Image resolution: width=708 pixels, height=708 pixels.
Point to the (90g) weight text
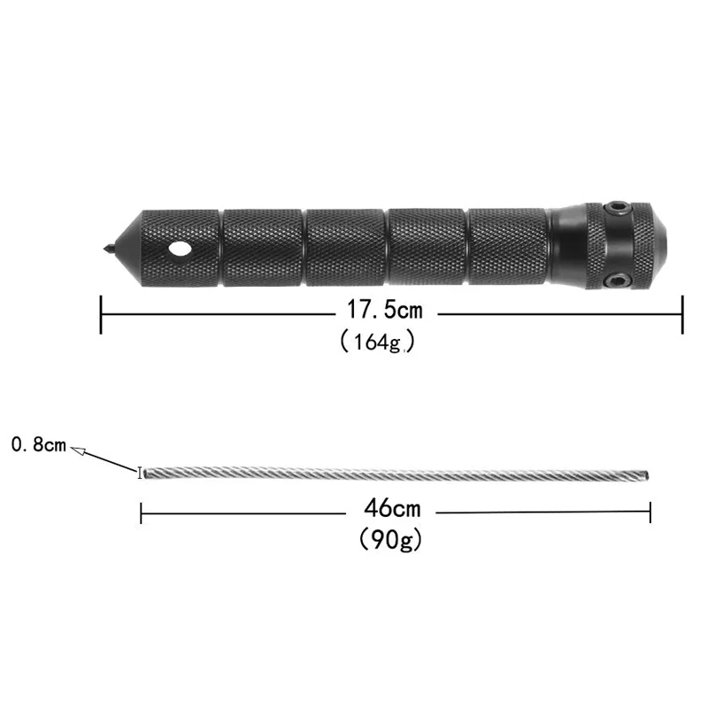tap(390, 538)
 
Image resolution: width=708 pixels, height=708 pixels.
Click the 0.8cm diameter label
tap(38, 444)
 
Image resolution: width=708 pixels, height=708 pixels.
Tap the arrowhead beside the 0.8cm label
tap(80, 450)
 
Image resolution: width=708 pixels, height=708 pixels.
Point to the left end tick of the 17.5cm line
tap(102, 313)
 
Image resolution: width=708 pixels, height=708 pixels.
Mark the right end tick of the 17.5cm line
tap(682, 313)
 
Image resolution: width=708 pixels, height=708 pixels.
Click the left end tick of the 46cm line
tap(142, 512)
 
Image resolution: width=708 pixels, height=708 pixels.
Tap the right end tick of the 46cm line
tap(650, 512)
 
